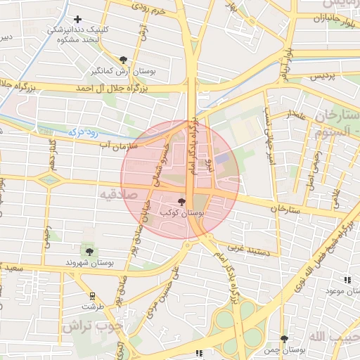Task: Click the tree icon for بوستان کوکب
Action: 182,202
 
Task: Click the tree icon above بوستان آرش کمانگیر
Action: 124,60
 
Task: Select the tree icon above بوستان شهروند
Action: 89,251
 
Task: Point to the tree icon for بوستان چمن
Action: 284,338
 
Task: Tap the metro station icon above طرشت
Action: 92,296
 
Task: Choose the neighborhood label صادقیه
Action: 115,195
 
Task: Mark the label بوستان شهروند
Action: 90,263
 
